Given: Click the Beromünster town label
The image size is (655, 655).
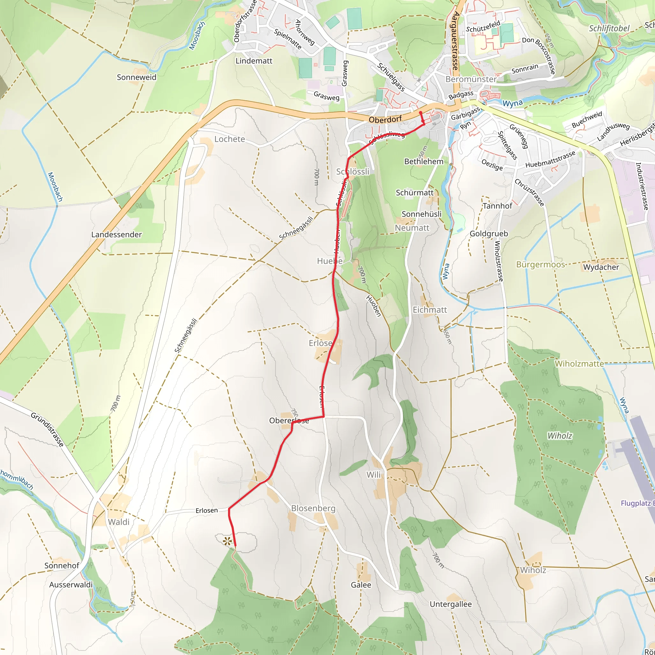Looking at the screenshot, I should coord(470,79).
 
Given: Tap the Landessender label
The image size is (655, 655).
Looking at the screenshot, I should coord(116,235).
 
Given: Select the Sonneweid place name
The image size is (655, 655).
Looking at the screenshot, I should coord(137,77).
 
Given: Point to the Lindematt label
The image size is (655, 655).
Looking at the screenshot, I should coord(254,61).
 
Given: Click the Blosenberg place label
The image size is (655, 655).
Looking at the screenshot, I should coord(313,509).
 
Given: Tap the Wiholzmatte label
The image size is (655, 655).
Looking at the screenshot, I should coord(579,364).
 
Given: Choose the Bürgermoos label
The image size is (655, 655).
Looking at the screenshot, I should coord(541,264).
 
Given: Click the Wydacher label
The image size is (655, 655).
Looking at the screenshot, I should coord(601,267).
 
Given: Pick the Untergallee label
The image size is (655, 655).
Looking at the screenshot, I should coord(451,604).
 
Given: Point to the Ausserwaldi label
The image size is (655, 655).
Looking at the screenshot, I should coord(71,585).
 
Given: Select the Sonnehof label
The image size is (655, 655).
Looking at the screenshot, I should coord(62,565).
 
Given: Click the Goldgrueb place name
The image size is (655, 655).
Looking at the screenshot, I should coord(489,233).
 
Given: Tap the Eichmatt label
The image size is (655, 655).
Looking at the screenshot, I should coord(430,310).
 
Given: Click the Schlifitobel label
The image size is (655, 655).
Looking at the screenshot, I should coord(609,28).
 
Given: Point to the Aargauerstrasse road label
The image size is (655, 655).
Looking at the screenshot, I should coord(455,41).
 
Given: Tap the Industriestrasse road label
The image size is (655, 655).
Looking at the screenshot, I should coord(642,186).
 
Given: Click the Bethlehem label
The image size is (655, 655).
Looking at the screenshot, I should coord(424,162).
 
